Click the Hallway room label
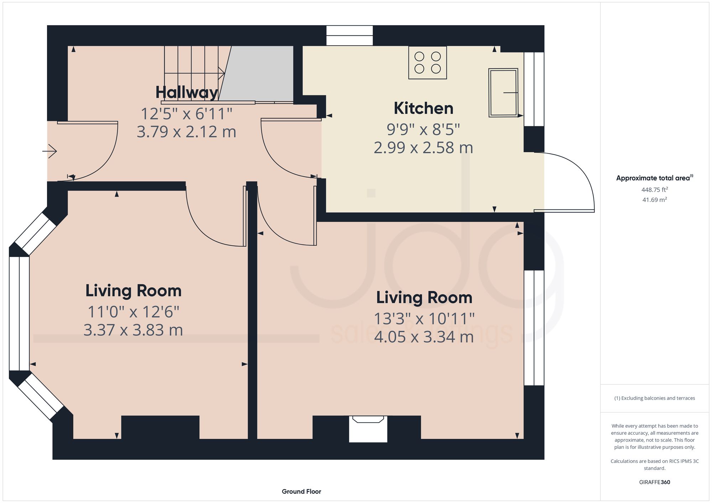(187, 93)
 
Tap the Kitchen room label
(423, 108)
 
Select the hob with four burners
(428, 63)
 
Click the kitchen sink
(503, 92)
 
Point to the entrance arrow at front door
(50, 152)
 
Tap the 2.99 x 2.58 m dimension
(423, 148)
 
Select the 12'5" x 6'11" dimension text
(187, 114)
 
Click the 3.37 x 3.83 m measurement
(133, 330)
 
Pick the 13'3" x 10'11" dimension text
(424, 319)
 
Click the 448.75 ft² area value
(654, 190)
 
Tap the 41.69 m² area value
(654, 200)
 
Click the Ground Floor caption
(301, 492)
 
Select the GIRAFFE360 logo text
(654, 482)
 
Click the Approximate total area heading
(654, 178)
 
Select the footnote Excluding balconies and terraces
(654, 398)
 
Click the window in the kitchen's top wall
(349, 36)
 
